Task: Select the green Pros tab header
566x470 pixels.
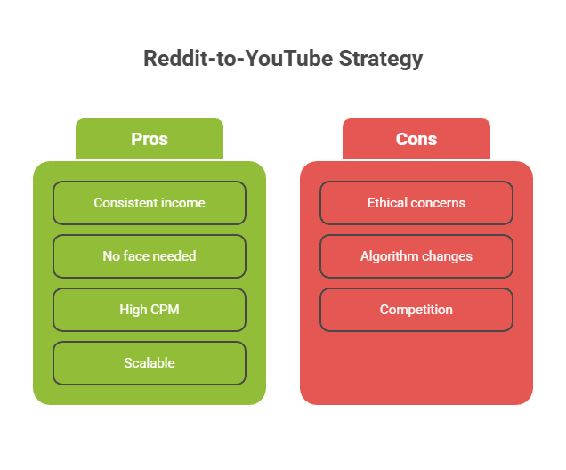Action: point(150,139)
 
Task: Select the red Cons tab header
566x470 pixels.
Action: point(416,139)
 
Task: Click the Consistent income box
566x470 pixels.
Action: point(150,203)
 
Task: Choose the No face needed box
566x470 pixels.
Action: point(150,256)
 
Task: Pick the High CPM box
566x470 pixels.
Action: point(150,310)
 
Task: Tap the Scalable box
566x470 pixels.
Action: point(150,363)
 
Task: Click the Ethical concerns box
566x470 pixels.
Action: point(416,203)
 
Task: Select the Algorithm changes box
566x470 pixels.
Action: point(416,256)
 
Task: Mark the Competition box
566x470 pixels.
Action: point(416,310)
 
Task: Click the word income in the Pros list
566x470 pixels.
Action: point(183,203)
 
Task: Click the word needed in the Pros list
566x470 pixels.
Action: point(176,256)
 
